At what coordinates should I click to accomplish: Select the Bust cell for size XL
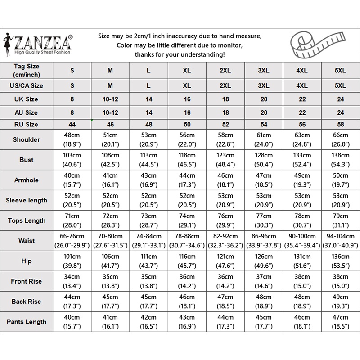click(187, 160)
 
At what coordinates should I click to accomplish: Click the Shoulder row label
click(26, 139)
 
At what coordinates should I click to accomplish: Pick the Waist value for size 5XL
click(340, 241)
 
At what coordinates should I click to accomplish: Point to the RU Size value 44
click(72, 124)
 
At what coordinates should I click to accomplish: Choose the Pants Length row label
click(26, 322)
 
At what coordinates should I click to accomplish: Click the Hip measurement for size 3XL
click(264, 261)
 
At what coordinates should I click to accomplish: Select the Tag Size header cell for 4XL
click(302, 71)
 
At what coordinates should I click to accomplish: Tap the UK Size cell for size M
click(110, 99)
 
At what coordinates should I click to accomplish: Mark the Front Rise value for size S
click(72, 281)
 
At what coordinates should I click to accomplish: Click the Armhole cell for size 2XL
click(225, 180)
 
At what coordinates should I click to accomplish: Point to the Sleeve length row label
click(26, 200)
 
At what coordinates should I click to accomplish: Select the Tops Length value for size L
click(149, 220)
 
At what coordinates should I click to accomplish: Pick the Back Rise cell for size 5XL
click(340, 301)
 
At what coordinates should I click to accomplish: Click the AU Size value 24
click(340, 112)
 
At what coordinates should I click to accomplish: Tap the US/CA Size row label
click(26, 85)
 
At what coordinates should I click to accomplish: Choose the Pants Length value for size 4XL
click(302, 322)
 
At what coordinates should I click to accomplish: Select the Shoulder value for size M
click(110, 139)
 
